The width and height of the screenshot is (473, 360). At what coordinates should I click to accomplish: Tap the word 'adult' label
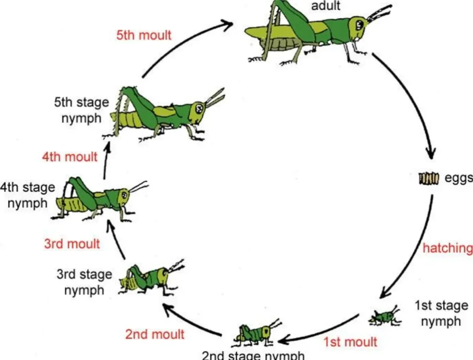[326, 6]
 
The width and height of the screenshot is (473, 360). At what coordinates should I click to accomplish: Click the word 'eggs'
[458, 178]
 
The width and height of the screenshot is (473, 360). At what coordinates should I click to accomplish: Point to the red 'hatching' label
[448, 248]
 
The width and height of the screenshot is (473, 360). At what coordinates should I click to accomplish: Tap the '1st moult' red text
[350, 342]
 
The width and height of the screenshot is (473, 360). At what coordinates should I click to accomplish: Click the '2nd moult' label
[155, 334]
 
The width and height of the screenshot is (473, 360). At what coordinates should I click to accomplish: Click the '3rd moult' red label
[72, 243]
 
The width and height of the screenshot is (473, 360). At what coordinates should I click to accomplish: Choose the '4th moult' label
[70, 156]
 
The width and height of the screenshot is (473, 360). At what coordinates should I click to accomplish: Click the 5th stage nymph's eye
[199, 108]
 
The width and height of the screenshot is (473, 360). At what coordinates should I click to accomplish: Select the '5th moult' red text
[144, 35]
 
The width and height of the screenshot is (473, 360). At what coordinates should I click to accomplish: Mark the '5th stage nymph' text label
[81, 110]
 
